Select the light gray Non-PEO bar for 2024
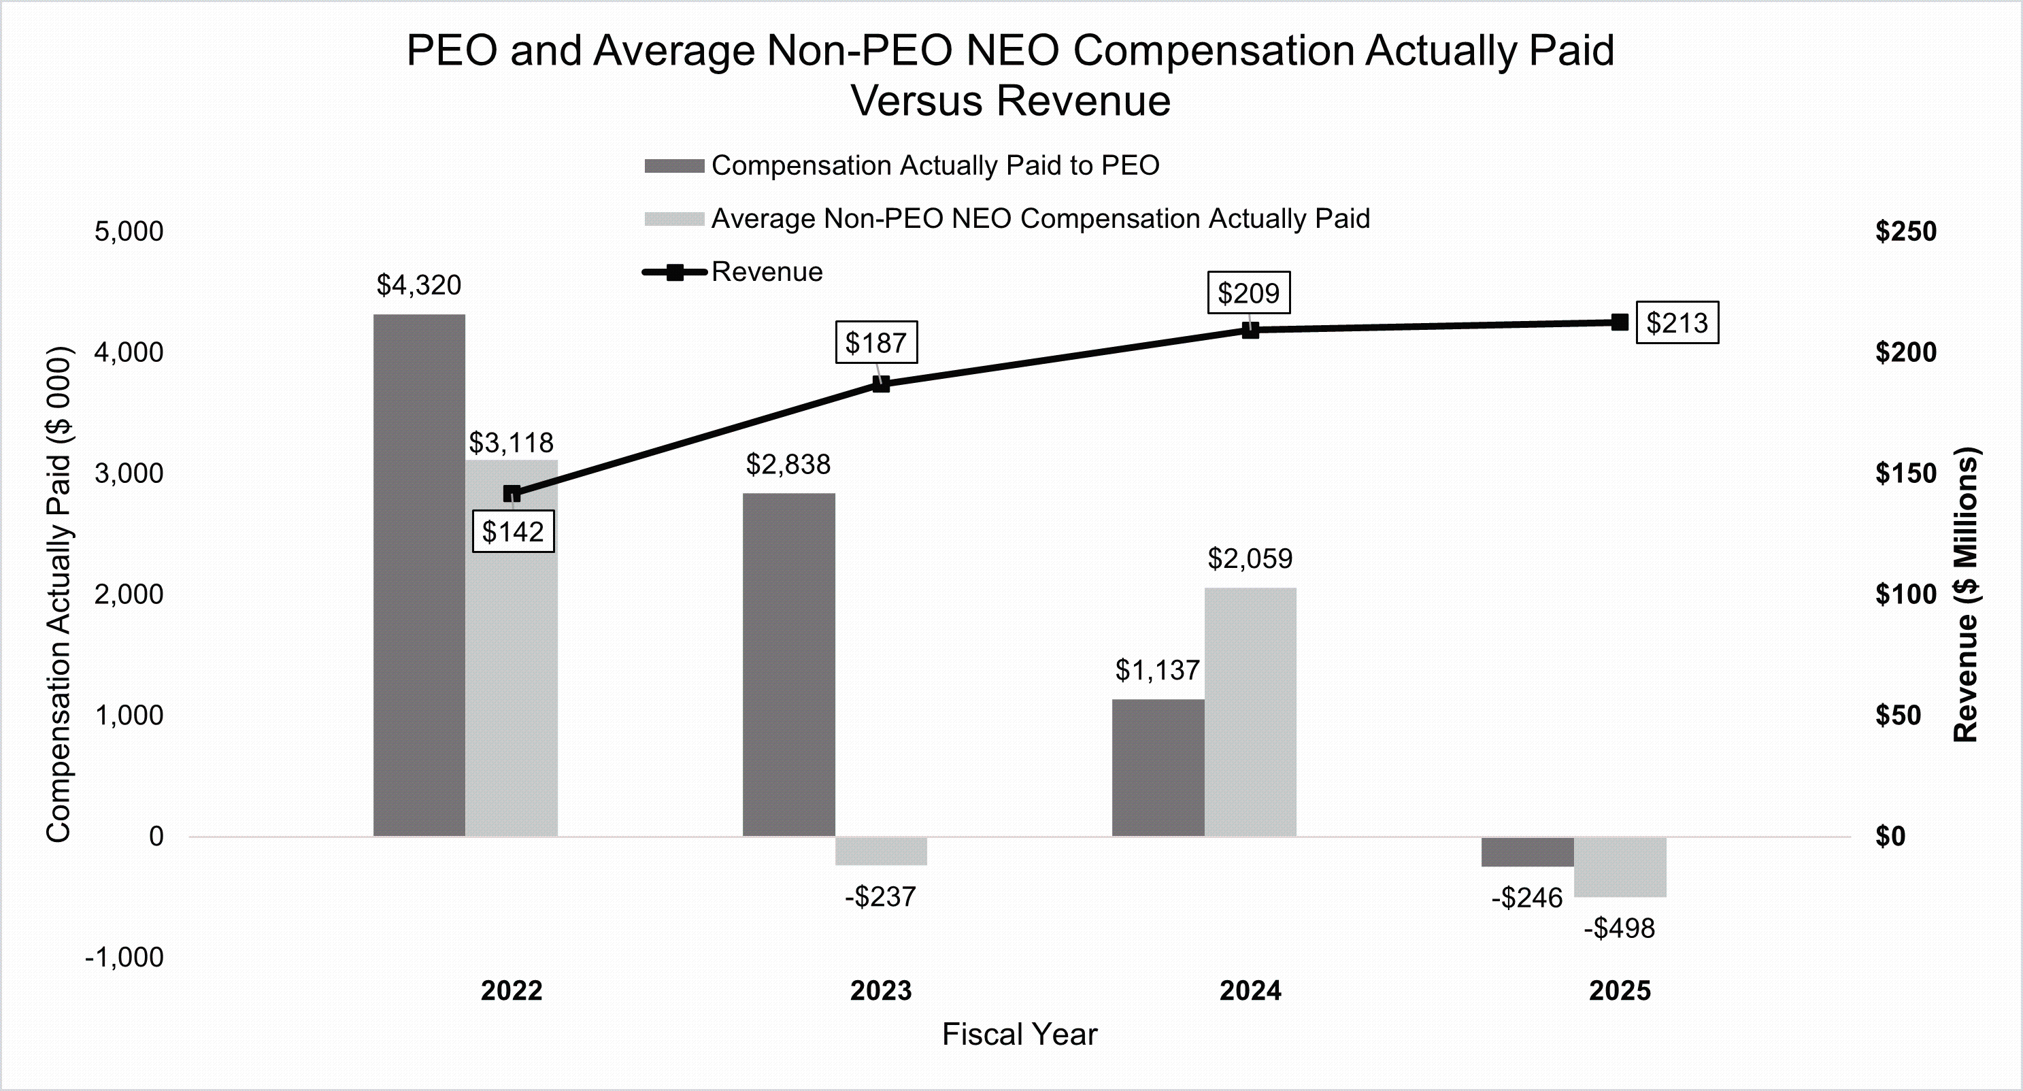click(1250, 711)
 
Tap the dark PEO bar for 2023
click(788, 665)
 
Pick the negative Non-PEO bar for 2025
click(1620, 867)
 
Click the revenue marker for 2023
click(881, 384)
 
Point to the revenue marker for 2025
click(1620, 322)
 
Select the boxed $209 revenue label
click(1249, 293)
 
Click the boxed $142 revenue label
click(513, 532)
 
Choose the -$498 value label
click(1620, 929)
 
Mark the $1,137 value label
click(1158, 671)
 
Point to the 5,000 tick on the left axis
click(129, 232)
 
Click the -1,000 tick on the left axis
click(125, 958)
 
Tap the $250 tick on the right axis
click(1906, 232)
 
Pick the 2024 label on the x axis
click(1250, 991)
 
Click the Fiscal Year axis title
click(1020, 1035)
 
